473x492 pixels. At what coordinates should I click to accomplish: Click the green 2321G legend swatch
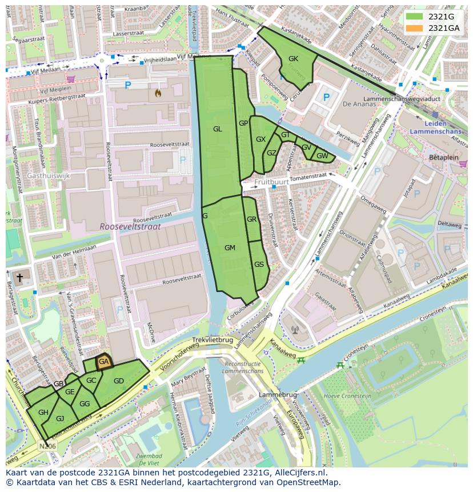coord(415,17)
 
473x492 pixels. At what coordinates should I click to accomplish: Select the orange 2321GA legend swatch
coord(415,28)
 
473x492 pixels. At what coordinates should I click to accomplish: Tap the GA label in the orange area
coord(103,362)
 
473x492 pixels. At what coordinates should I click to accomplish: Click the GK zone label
coord(293,59)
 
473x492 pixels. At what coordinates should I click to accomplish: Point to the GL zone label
coord(217,129)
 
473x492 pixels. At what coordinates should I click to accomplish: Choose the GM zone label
coord(230,247)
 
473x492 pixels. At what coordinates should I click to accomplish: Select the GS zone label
coord(259,264)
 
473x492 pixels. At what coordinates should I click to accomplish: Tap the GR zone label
coord(252,219)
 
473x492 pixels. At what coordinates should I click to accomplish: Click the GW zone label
coord(322,156)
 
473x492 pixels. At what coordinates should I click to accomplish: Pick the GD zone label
coord(119,381)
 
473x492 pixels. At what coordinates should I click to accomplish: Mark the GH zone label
coord(43,412)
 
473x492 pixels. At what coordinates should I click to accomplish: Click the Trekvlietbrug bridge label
coord(212,339)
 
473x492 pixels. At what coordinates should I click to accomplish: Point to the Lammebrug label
coord(278,395)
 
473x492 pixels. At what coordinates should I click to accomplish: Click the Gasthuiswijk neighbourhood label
coord(48,176)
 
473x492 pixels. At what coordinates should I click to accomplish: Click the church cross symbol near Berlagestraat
coord(19,278)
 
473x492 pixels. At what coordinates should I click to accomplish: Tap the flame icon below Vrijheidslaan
coord(158,92)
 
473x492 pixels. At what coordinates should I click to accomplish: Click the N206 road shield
coord(47,445)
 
